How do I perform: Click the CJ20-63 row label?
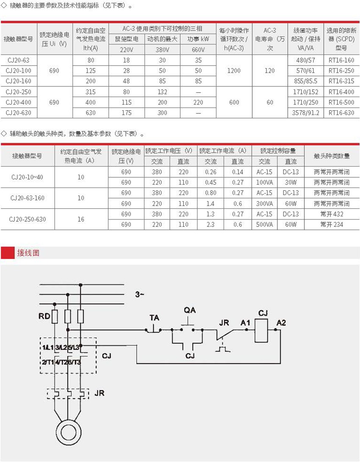(19, 60)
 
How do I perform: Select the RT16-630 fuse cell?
(341, 113)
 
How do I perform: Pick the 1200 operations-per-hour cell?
(234, 71)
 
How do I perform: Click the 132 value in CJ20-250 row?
(162, 92)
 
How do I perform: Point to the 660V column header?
(198, 50)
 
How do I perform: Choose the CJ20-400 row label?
(19, 102)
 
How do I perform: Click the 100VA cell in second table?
(265, 182)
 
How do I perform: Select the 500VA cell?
(265, 225)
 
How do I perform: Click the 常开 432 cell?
(332, 214)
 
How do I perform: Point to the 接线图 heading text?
(28, 254)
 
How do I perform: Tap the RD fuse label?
(44, 316)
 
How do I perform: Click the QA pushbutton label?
(190, 310)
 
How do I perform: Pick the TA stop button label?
(155, 317)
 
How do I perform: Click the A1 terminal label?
(246, 323)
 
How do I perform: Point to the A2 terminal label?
(281, 323)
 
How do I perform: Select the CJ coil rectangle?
(263, 330)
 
